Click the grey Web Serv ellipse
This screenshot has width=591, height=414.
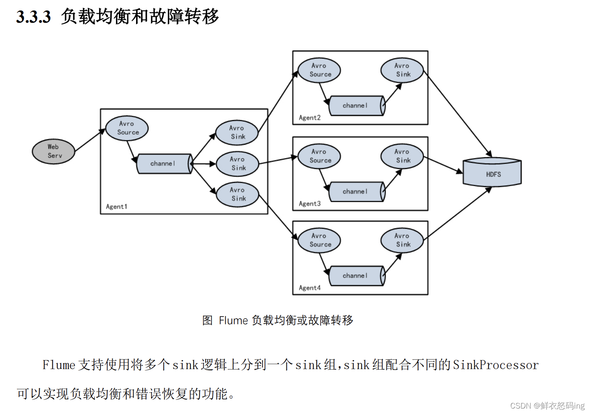click(54, 151)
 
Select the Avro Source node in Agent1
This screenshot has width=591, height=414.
click(127, 128)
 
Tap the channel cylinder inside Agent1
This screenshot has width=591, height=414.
click(164, 164)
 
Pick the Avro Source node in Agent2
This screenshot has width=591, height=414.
click(319, 70)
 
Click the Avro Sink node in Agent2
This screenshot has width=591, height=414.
click(402, 70)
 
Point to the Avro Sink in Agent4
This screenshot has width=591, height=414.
click(402, 240)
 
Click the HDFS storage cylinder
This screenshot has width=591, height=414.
click(492, 173)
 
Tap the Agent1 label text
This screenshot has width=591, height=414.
click(116, 207)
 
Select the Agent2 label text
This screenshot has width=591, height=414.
click(310, 118)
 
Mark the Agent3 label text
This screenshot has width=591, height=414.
click(310, 204)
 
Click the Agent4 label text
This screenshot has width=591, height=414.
click(310, 288)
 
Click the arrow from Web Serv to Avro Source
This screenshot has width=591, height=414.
click(90, 140)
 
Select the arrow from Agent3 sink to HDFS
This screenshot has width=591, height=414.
click(443, 165)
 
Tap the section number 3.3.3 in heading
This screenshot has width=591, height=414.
click(33, 17)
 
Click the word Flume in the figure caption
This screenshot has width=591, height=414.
click(233, 321)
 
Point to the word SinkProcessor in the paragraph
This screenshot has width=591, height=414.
click(496, 365)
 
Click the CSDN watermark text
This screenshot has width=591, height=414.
click(547, 406)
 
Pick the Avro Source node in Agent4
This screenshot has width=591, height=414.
click(319, 240)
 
